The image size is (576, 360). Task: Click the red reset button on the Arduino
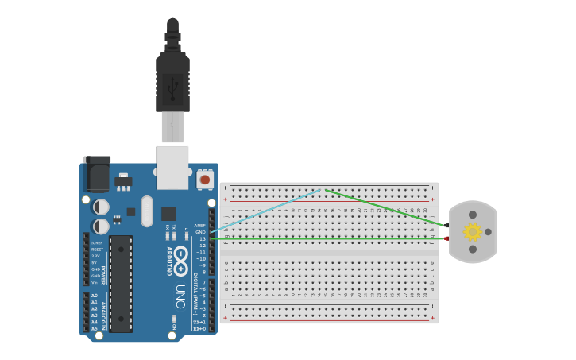click(205, 180)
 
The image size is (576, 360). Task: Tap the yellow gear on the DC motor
click(473, 231)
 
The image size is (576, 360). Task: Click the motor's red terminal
click(447, 238)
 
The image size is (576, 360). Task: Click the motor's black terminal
click(447, 226)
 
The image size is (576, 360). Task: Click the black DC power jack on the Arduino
click(97, 174)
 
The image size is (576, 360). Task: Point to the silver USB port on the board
click(172, 166)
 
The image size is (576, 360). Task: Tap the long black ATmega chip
click(121, 283)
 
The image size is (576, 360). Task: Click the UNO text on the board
click(180, 296)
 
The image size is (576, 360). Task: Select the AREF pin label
click(200, 226)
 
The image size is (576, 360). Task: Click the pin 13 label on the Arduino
click(203, 238)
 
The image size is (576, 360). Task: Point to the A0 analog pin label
click(95, 296)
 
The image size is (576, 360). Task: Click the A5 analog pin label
click(95, 328)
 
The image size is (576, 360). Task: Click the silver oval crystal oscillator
click(147, 211)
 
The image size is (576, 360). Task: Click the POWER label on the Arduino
click(103, 275)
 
